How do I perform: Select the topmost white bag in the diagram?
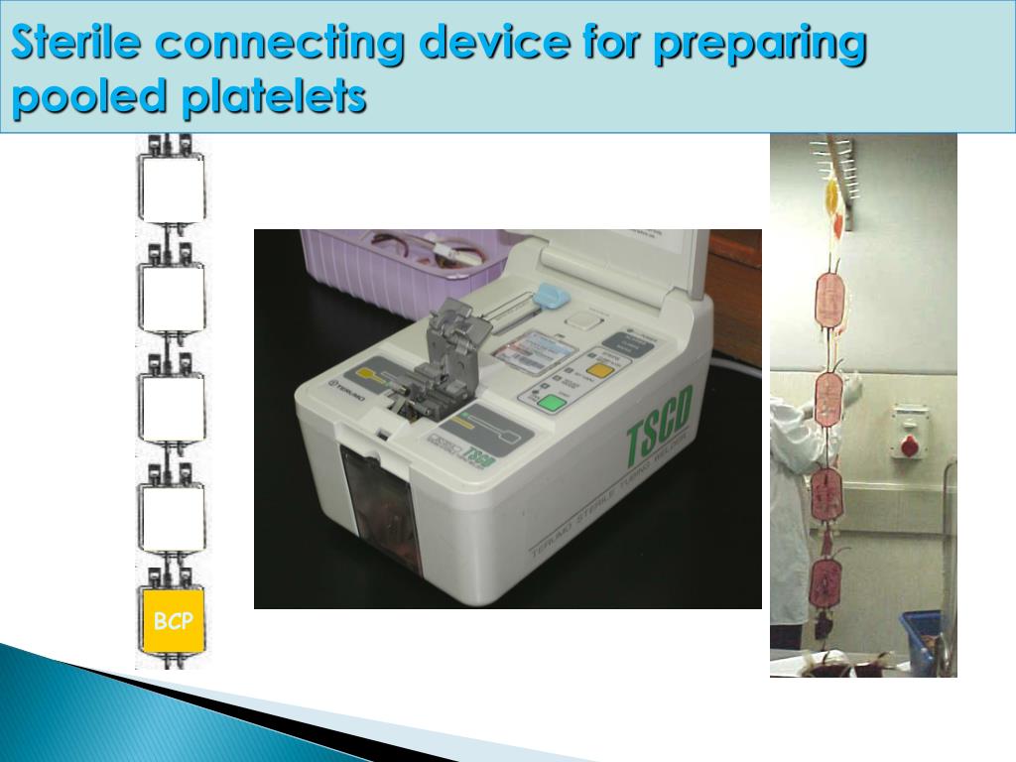pyautogui.click(x=172, y=189)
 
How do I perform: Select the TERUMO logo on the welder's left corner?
pyautogui.click(x=348, y=385)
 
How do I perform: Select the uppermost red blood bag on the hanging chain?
pyautogui.click(x=829, y=301)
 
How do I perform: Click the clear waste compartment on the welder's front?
pyautogui.click(x=380, y=506)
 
